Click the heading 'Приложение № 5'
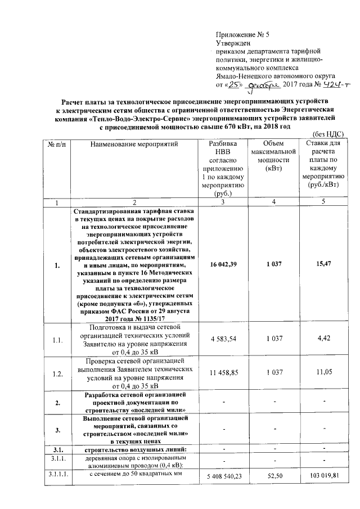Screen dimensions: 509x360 pyautogui.click(x=242, y=34)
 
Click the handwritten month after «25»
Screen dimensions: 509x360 pyautogui.click(x=264, y=84)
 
